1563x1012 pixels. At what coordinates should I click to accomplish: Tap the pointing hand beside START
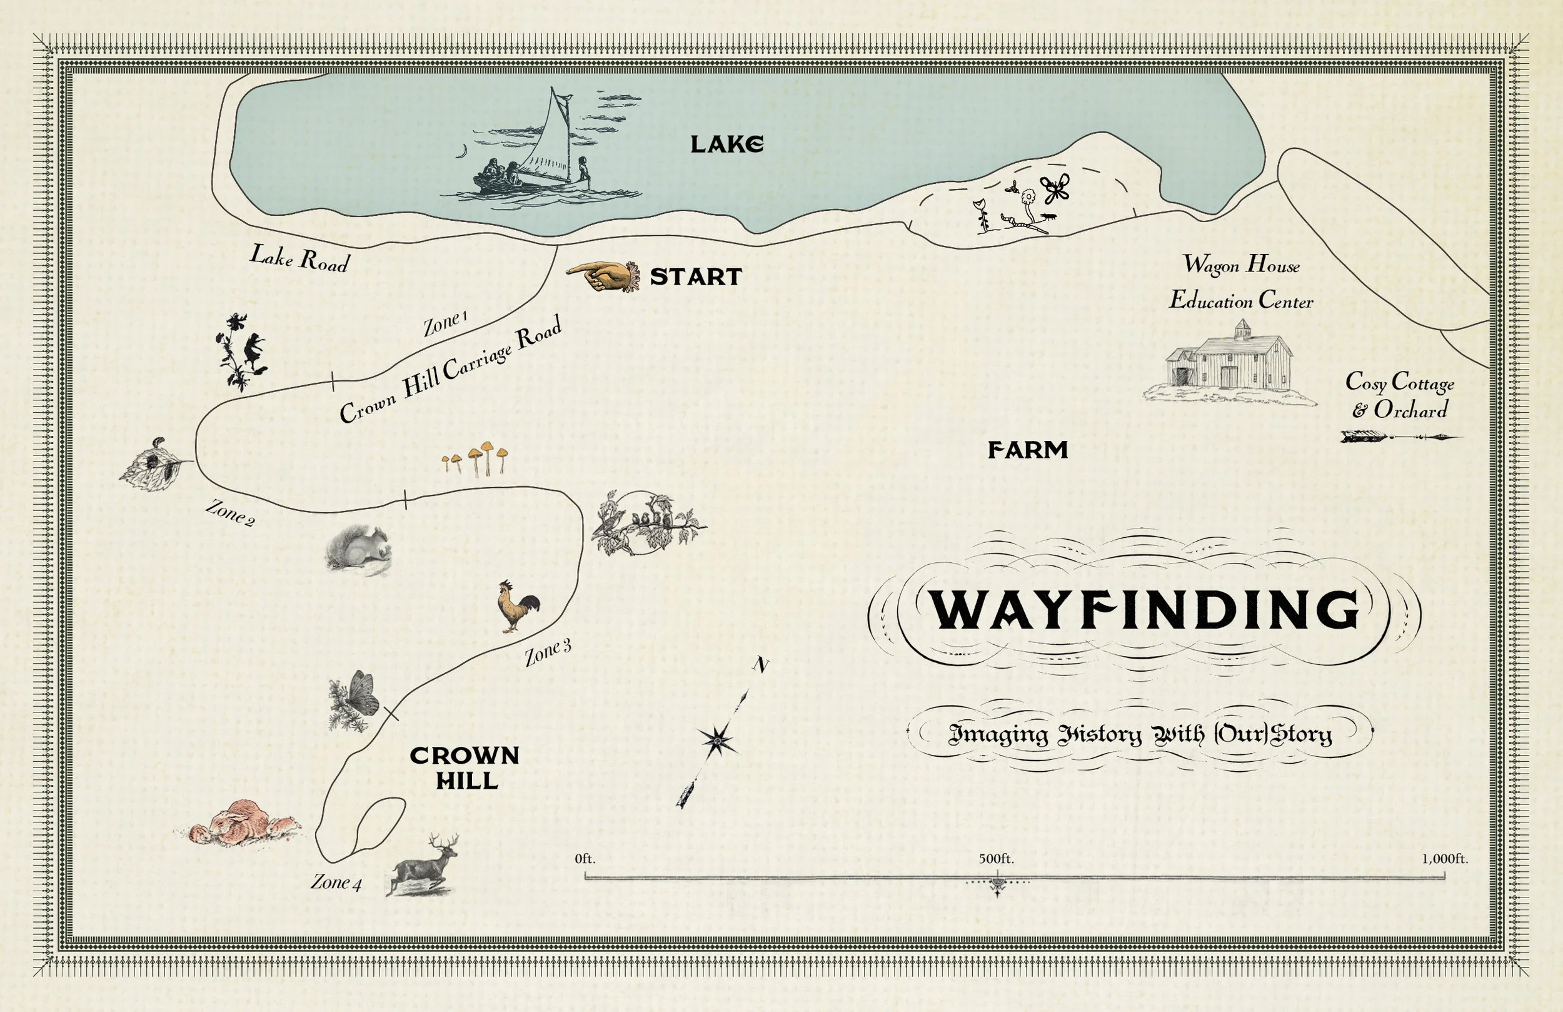(x=601, y=276)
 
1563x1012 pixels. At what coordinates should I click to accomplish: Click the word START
(x=695, y=276)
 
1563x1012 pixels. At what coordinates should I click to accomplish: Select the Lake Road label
(x=299, y=258)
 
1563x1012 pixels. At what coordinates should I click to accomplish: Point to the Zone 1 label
(x=445, y=323)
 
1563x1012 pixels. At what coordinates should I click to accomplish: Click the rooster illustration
(x=518, y=607)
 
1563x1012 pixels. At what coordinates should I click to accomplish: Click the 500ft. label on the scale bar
(x=996, y=858)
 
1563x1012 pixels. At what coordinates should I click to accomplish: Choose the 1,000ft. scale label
(x=1444, y=858)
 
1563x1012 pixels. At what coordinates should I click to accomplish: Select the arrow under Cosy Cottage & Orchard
(x=1399, y=437)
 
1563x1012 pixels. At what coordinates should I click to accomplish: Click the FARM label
(x=1028, y=450)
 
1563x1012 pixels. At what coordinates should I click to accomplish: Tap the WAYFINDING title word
(x=1145, y=610)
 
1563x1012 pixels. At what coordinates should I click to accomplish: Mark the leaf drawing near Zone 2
(x=154, y=465)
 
